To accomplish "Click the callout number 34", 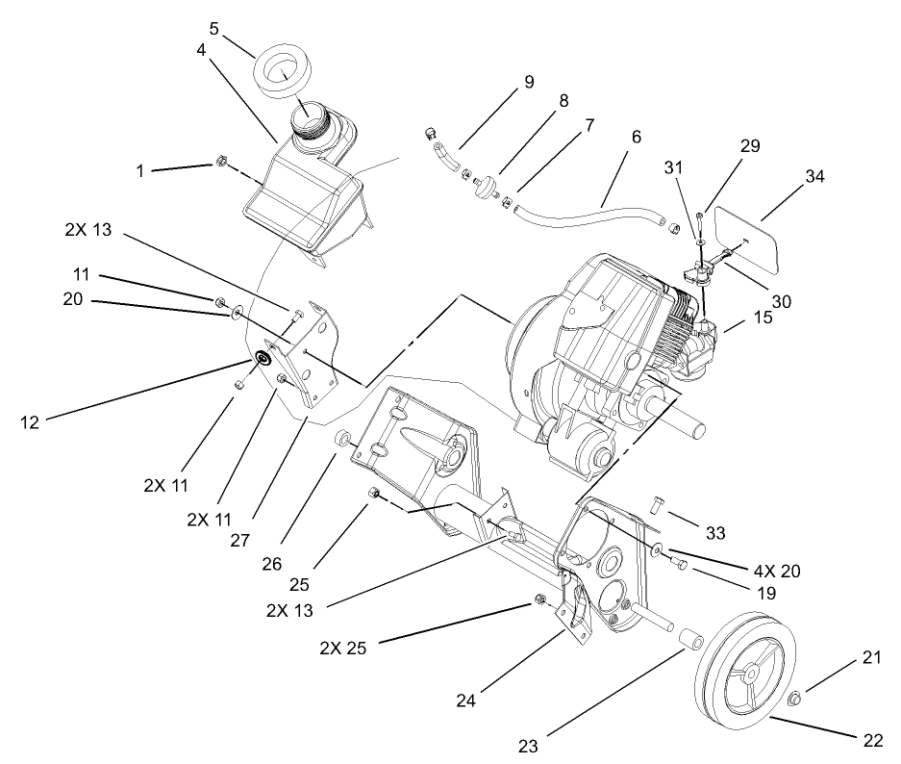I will click(x=815, y=177).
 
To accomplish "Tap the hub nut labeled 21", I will click(x=796, y=698).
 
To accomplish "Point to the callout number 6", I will click(x=635, y=138).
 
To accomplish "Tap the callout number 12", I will click(x=30, y=420).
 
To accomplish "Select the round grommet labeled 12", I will click(x=261, y=360).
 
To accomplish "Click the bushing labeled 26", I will click(x=342, y=440).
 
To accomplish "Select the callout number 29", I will click(x=750, y=147).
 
